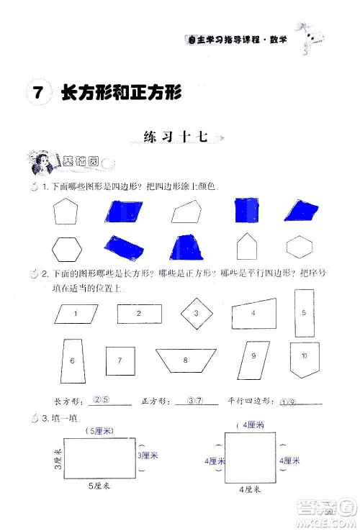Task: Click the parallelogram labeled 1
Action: tap(76, 313)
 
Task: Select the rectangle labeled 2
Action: tap(138, 313)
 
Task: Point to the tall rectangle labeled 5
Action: tap(304, 313)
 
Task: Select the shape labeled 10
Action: tap(304, 357)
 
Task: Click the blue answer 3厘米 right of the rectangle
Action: tap(148, 455)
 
